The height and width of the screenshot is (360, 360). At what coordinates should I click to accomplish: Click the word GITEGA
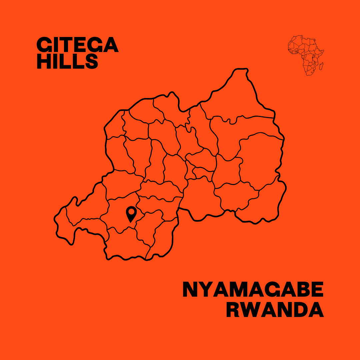click(77, 45)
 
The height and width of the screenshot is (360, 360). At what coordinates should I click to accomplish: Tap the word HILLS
click(67, 62)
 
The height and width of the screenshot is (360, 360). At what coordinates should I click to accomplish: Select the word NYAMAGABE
click(253, 290)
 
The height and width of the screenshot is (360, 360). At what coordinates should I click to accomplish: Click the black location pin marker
click(131, 213)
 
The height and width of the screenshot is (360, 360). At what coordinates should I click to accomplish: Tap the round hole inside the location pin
click(131, 211)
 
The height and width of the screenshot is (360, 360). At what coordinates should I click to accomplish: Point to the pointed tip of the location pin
click(131, 222)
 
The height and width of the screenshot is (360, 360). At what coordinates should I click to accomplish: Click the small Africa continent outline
click(305, 55)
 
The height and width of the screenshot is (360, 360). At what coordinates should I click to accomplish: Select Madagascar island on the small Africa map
click(321, 66)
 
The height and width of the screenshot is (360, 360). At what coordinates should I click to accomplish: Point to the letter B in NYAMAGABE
click(301, 290)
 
